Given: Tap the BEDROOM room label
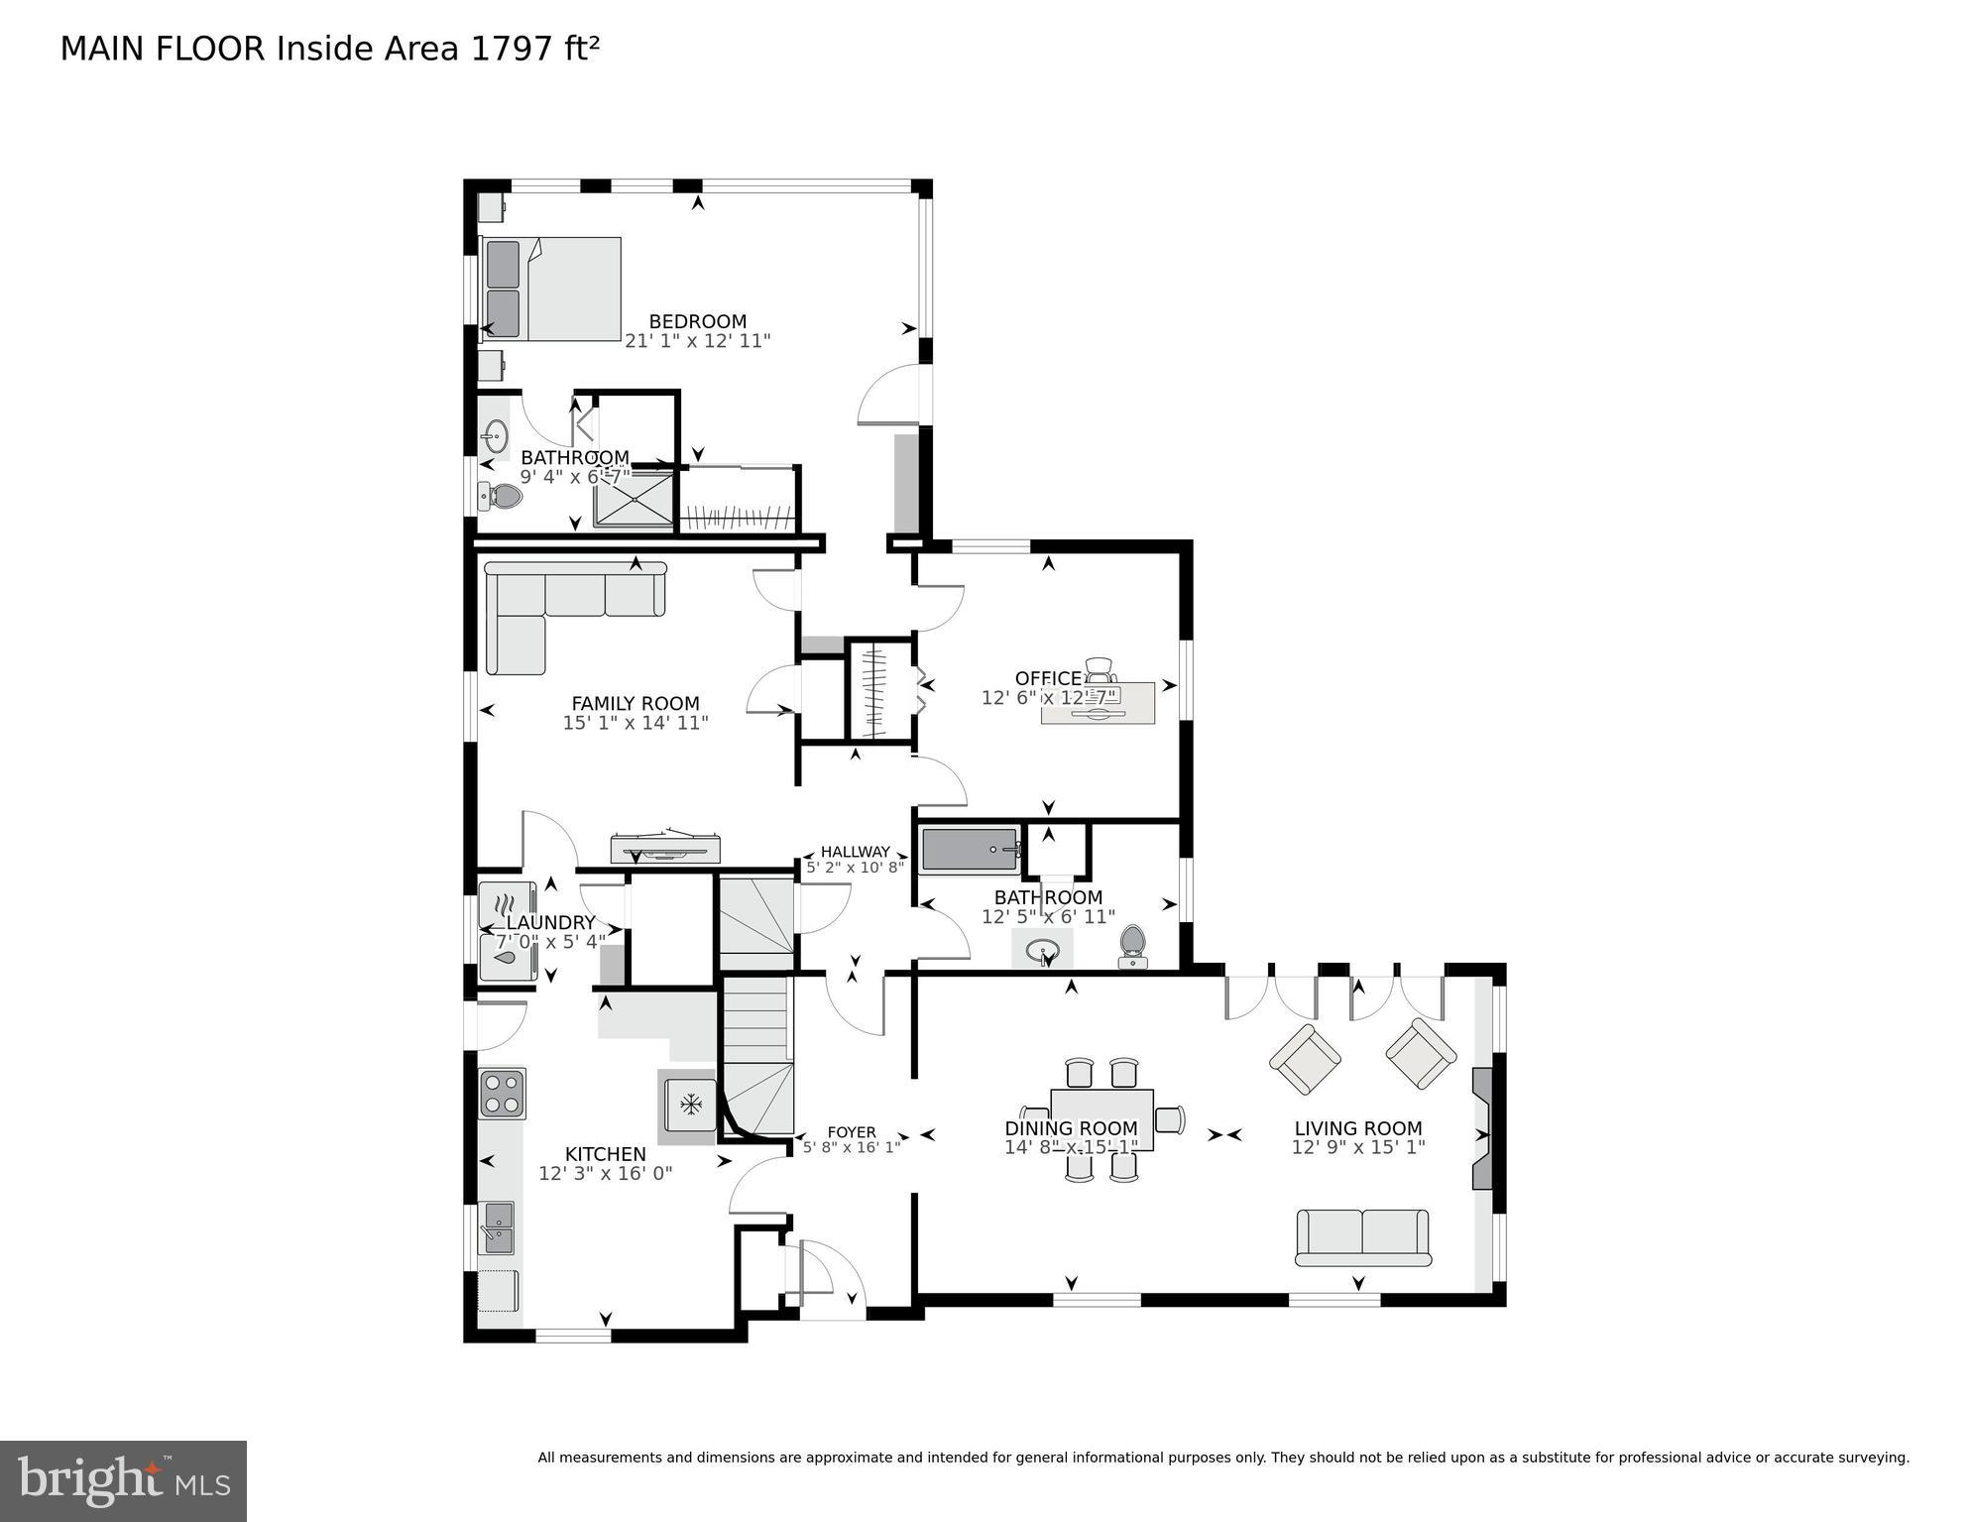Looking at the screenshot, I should tap(697, 321).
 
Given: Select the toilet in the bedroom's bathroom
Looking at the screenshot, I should tap(501, 496).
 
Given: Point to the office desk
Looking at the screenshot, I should tap(1098, 703).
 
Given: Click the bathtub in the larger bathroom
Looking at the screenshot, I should tap(970, 851).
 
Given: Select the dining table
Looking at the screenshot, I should tap(1101, 1119).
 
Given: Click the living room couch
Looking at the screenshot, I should tap(1362, 1236).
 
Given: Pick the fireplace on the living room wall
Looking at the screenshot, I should tap(1483, 1128).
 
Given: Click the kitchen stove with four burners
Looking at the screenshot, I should tap(502, 1094).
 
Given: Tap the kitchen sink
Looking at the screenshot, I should tap(497, 1227).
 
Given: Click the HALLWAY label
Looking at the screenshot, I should tap(855, 851).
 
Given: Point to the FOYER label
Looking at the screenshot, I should tap(851, 1131).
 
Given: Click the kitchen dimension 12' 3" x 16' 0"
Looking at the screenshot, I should tap(605, 1173).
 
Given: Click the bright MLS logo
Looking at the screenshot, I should tap(123, 1480).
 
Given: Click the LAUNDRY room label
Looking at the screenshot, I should tap(549, 922).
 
